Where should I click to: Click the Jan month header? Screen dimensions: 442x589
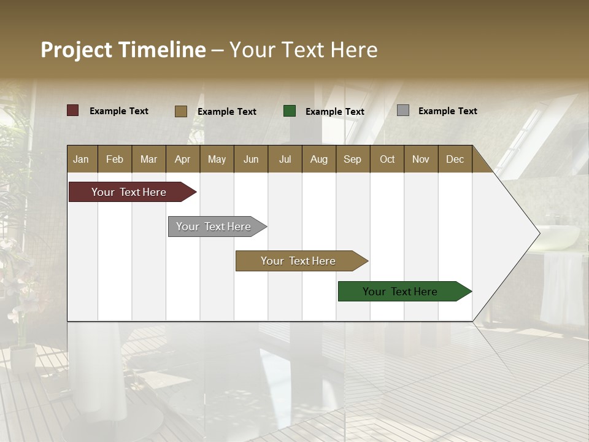point(82,159)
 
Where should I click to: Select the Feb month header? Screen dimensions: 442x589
point(115,159)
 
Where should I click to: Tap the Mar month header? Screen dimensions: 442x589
point(148,159)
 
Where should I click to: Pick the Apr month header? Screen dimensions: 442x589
point(183,159)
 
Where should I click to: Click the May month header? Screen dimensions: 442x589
point(217,159)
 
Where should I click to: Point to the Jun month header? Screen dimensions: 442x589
point(251,159)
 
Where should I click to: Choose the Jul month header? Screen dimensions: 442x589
point(285,159)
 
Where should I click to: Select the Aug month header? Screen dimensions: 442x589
point(319,159)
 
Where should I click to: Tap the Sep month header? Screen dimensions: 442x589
point(353,159)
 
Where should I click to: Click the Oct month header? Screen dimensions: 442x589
point(387,159)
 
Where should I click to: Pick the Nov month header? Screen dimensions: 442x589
point(421,159)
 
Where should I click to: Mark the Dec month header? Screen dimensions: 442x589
point(455,159)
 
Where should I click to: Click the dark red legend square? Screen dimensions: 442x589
point(73,110)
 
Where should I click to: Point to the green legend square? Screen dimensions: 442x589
point(290,110)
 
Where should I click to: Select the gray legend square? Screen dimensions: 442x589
point(403,110)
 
